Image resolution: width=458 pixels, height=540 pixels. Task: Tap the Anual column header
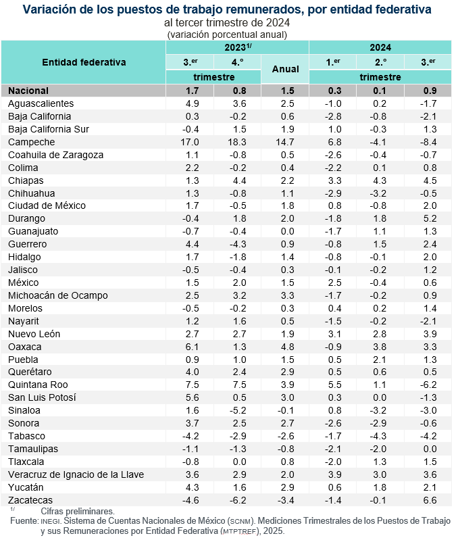pyautogui.click(x=284, y=70)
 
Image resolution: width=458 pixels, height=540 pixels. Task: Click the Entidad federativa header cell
pyautogui.click(x=84, y=62)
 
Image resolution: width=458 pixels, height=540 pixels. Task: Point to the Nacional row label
pyautogui.click(x=28, y=91)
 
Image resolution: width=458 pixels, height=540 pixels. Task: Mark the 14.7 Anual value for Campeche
pyautogui.click(x=284, y=142)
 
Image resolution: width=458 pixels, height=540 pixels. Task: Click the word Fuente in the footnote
pyautogui.click(x=26, y=521)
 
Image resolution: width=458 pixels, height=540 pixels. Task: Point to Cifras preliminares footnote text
pyautogui.click(x=77, y=511)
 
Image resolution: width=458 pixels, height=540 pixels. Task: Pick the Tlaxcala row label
pyautogui.click(x=26, y=462)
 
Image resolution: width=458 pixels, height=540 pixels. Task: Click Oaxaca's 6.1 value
pyautogui.click(x=190, y=347)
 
